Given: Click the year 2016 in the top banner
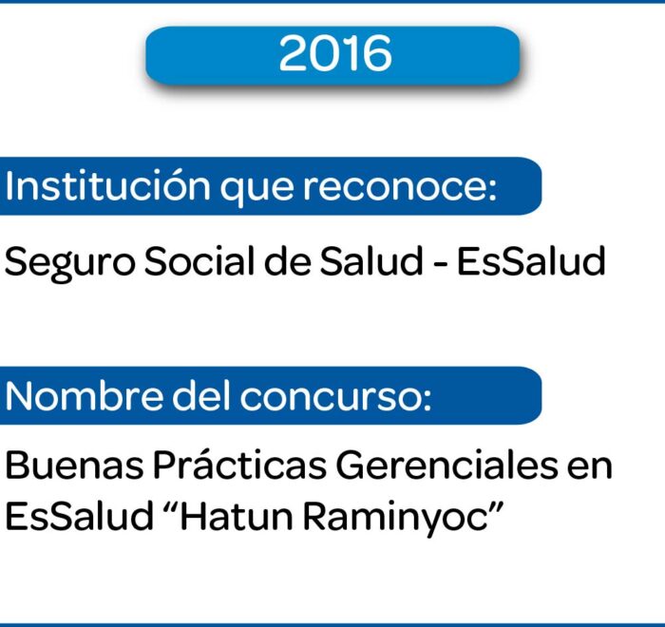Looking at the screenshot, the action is click(335, 54).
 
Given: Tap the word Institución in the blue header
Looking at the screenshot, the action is click(107, 186).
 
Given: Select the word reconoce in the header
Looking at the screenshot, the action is click(399, 187).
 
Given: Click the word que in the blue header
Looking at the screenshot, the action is click(256, 191).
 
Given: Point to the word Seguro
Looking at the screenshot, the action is click(70, 263).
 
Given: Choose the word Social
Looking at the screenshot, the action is click(199, 261).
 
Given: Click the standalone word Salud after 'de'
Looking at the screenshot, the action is click(371, 261).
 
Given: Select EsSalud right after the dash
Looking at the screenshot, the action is click(531, 261).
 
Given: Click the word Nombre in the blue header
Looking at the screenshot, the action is click(84, 396).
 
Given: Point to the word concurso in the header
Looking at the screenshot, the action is click(336, 397).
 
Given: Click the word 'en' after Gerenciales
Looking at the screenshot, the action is click(590, 468).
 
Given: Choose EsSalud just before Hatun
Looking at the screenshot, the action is click(79, 516).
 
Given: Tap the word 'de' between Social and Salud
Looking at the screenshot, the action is click(288, 261).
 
